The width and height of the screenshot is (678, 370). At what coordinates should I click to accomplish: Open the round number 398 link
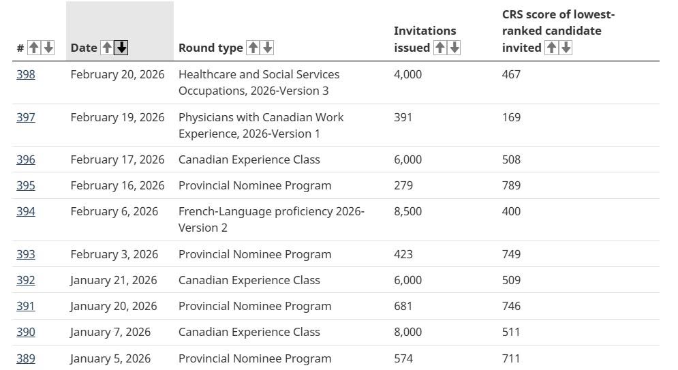click(25, 74)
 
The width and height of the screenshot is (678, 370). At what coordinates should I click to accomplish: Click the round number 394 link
click(25, 211)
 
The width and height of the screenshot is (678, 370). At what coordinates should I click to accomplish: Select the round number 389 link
click(25, 358)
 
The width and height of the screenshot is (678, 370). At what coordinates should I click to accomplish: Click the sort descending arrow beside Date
click(121, 48)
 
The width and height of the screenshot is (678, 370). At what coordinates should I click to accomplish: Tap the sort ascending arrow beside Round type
click(253, 48)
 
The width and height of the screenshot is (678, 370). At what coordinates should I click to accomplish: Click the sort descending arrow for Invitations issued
click(454, 48)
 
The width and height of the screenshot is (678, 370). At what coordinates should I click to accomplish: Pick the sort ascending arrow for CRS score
click(551, 48)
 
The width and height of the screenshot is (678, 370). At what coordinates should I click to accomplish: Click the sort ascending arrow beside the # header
click(33, 48)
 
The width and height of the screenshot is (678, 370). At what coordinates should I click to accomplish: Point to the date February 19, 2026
click(117, 117)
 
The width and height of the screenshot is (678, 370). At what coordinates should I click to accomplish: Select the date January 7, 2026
click(110, 332)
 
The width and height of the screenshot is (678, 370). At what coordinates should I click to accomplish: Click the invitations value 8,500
click(407, 211)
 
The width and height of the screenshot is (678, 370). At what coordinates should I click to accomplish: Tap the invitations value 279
click(403, 185)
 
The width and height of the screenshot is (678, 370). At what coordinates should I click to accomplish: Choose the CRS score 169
click(511, 117)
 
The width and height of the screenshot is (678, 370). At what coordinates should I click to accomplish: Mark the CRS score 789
click(511, 185)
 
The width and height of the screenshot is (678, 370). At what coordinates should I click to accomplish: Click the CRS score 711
click(510, 358)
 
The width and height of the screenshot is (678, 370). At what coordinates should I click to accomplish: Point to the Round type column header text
click(211, 48)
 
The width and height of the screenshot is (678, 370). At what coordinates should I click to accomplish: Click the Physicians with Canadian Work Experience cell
click(261, 125)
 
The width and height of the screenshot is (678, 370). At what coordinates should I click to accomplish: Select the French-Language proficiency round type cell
click(272, 219)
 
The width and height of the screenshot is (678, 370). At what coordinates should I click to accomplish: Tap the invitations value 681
click(403, 306)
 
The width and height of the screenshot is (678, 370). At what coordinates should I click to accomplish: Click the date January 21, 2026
click(114, 280)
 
